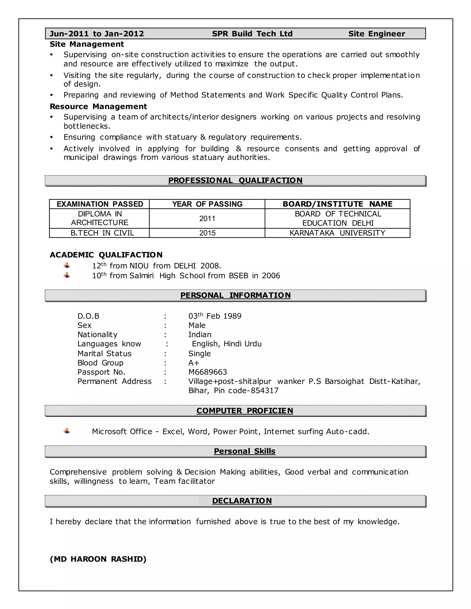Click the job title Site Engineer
[376, 34]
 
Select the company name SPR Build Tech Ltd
[252, 34]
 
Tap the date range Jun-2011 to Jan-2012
[97, 34]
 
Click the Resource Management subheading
[98, 107]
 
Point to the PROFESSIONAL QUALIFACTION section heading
[235, 180]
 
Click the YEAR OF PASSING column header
[207, 204]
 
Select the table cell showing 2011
[207, 219]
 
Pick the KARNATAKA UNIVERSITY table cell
[337, 233]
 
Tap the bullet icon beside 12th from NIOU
[67, 265]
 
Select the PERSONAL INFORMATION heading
[235, 295]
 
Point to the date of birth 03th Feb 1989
[215, 316]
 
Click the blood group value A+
[194, 363]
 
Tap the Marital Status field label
[104, 354]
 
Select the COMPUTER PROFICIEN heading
[244, 411]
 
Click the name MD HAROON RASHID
[98, 559]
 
